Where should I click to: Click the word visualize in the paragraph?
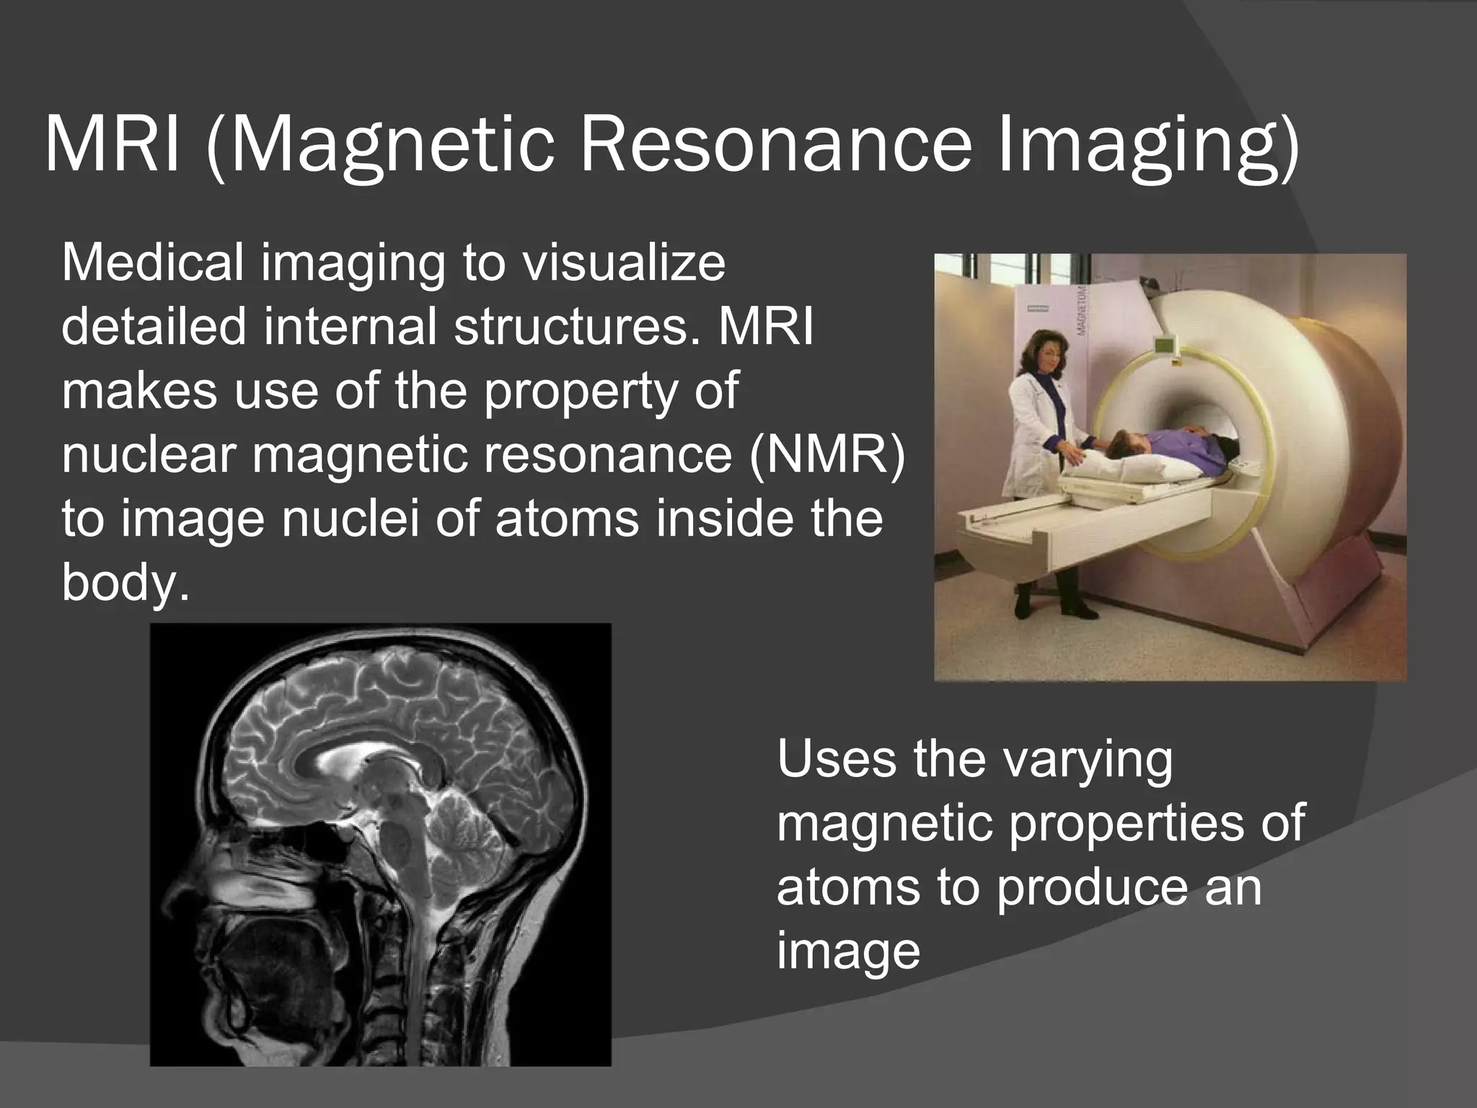[x=623, y=263]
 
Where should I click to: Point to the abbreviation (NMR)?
[x=826, y=455]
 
